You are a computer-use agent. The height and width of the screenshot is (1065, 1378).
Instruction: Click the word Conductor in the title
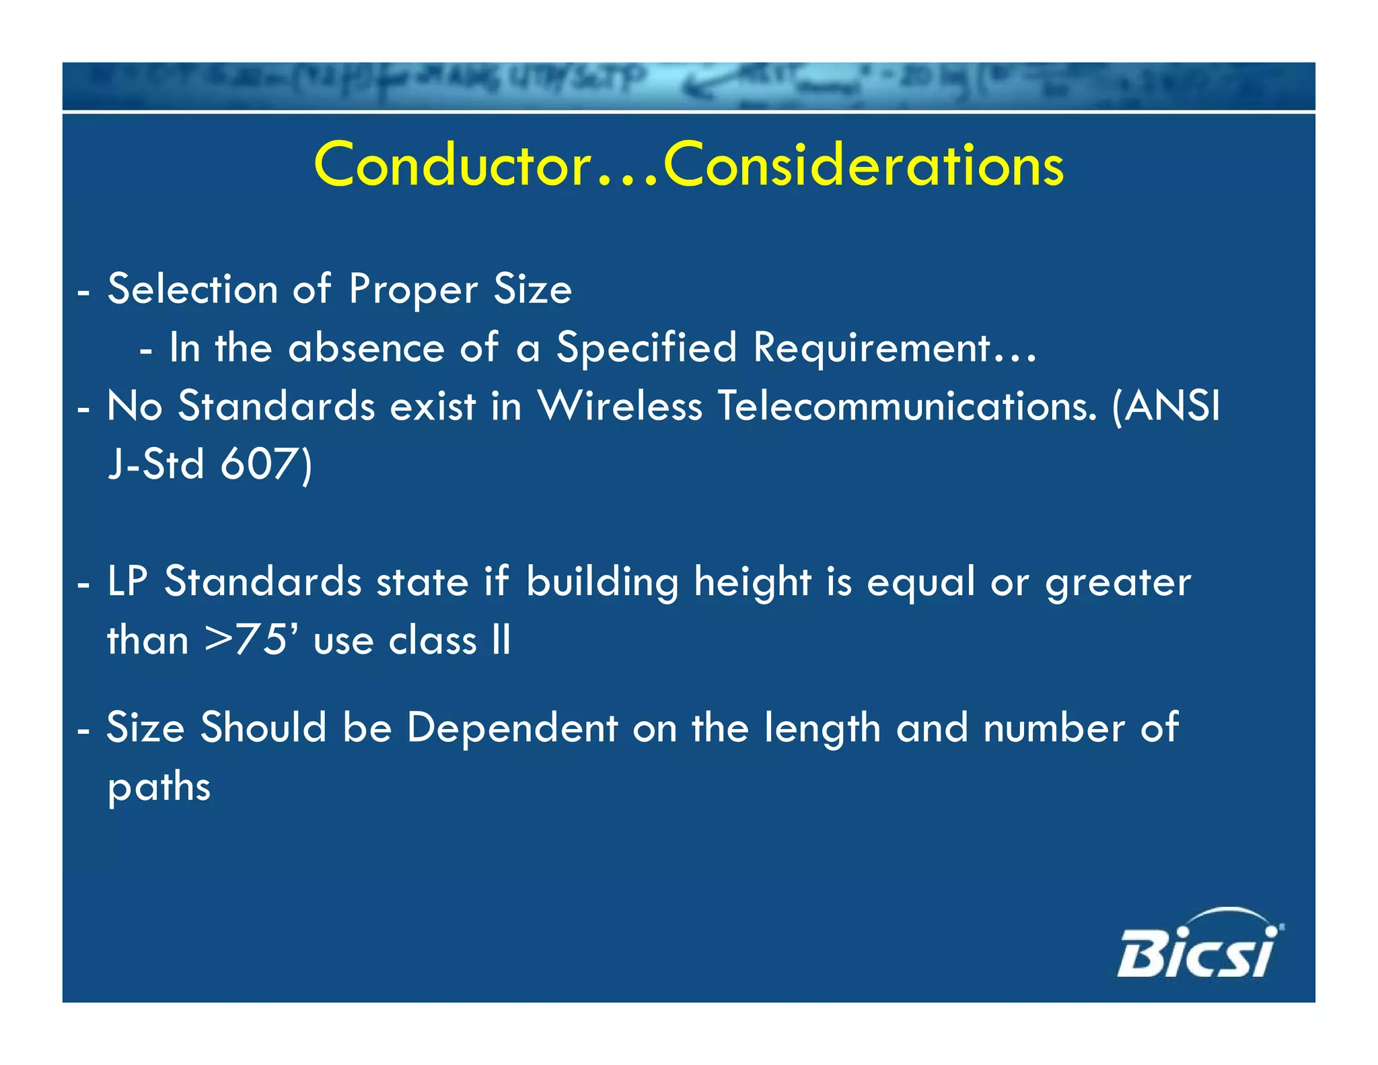(453, 166)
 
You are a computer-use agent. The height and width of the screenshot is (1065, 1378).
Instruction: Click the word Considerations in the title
(864, 166)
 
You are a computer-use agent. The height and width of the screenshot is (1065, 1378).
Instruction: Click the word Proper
(414, 289)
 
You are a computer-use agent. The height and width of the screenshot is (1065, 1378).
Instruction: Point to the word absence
(366, 348)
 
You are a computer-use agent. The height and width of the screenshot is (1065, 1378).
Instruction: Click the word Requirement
(872, 348)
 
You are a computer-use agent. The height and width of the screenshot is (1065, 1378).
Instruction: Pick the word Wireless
(620, 407)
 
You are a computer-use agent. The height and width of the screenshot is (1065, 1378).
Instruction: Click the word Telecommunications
(908, 407)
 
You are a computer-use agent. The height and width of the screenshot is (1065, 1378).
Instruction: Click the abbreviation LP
(127, 582)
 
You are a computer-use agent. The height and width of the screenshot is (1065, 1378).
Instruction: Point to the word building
(602, 582)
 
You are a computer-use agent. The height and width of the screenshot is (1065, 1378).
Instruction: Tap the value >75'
(251, 640)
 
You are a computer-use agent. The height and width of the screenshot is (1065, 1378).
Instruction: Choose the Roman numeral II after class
(501, 640)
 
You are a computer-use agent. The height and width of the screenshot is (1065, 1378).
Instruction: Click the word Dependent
(512, 728)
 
